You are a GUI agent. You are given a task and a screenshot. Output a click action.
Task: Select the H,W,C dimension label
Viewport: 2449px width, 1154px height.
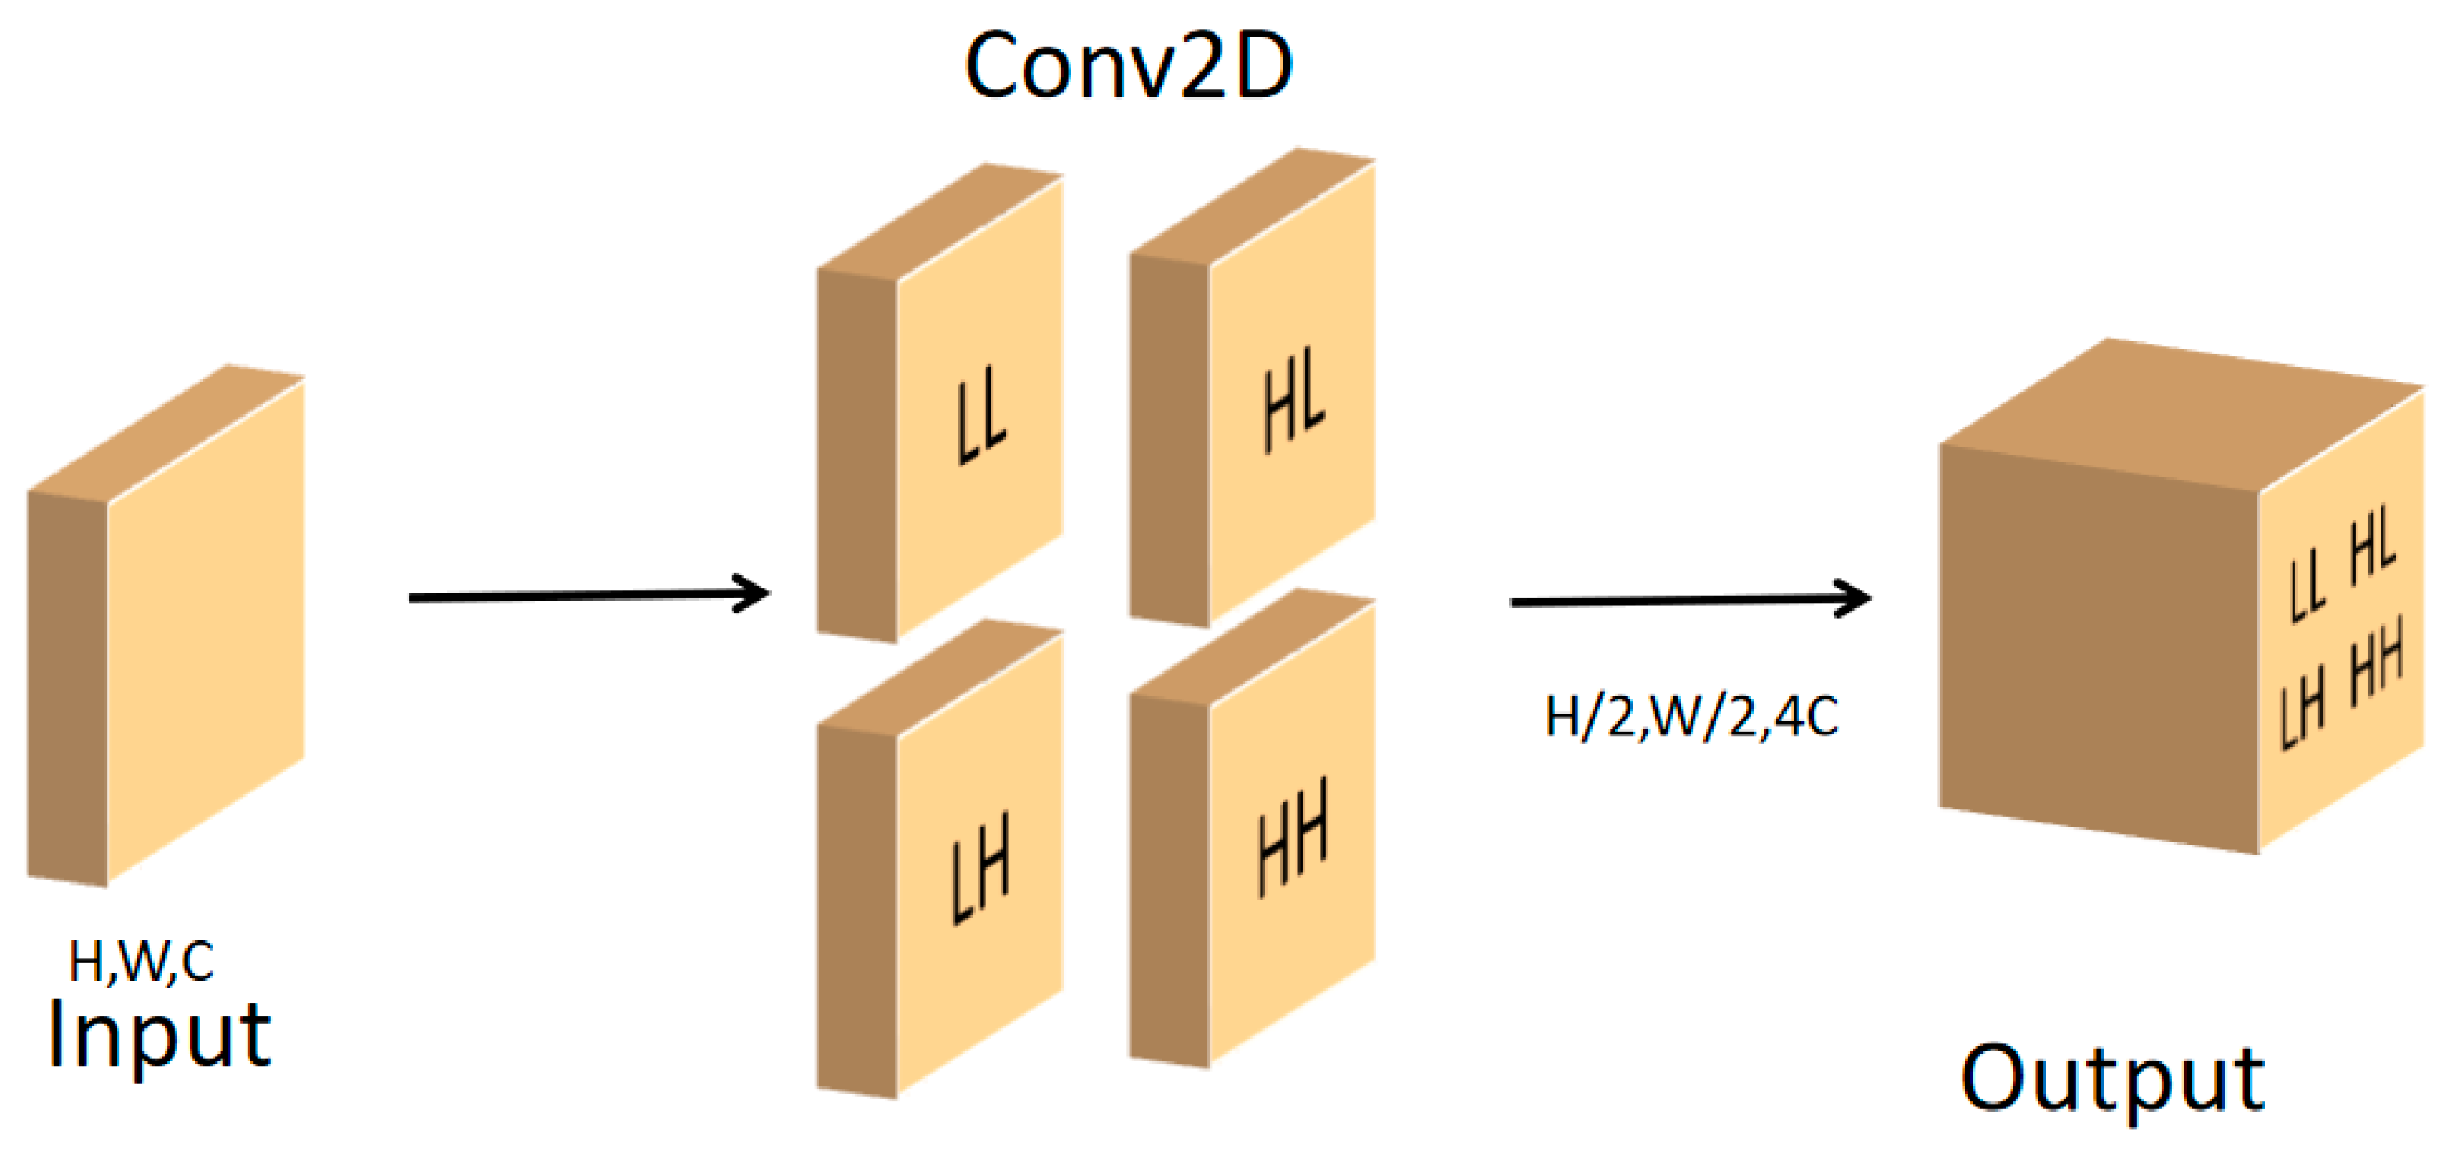(141, 961)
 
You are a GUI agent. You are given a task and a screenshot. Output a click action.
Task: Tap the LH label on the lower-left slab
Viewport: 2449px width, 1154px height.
(980, 868)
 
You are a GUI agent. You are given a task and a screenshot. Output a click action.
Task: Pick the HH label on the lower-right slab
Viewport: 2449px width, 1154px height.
(1293, 838)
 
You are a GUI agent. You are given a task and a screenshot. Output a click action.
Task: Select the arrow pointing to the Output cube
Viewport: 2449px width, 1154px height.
(1690, 600)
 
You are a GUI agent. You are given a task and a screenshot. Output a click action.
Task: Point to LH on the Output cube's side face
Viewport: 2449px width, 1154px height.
(2302, 707)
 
